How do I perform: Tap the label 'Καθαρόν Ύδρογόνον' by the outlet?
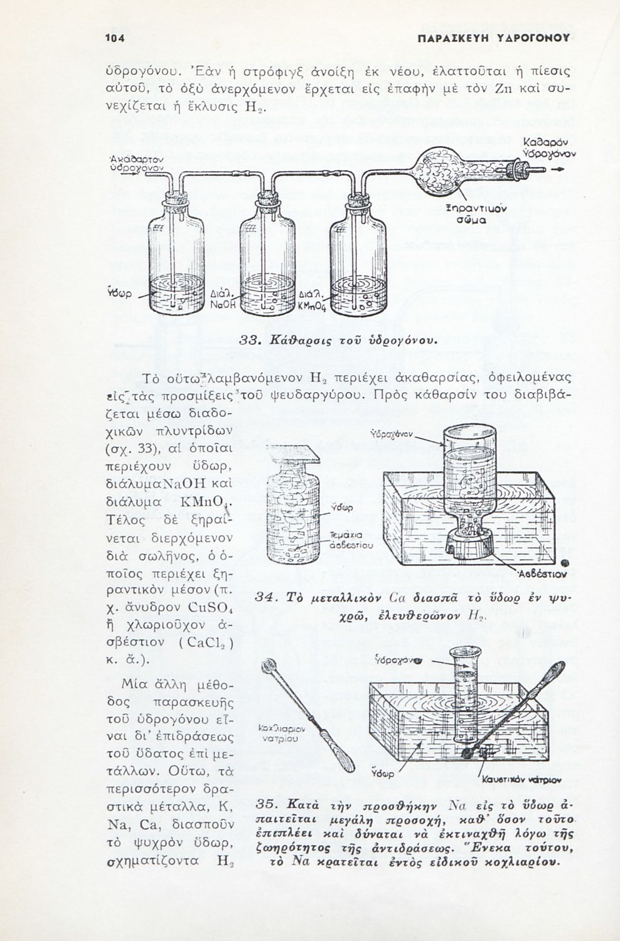click(x=549, y=148)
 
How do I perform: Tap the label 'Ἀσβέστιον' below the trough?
click(x=543, y=573)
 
